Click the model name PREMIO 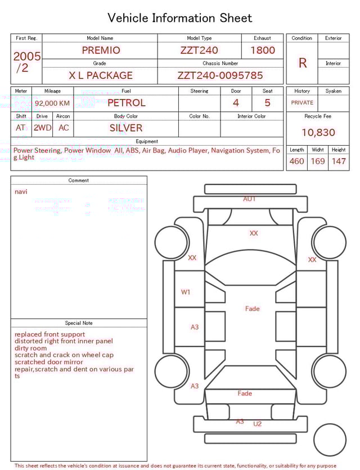coord(101,50)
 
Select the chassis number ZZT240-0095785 coord(220,75)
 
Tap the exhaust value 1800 coord(262,50)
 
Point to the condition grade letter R coord(302,63)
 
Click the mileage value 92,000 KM coord(52,103)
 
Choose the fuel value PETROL coord(126,102)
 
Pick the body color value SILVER coord(126,128)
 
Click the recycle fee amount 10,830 coord(318,132)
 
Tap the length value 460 coord(296,161)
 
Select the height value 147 coord(339,161)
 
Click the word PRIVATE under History coord(302,102)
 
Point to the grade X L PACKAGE coord(101,75)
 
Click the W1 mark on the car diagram coord(186,292)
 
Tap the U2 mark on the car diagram coord(257,424)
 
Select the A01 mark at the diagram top coord(249,199)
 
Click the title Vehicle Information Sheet coord(180,18)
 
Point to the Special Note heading coord(79,323)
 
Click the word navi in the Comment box coord(21,191)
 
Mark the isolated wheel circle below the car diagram coord(330,440)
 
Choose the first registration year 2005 coord(26,56)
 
